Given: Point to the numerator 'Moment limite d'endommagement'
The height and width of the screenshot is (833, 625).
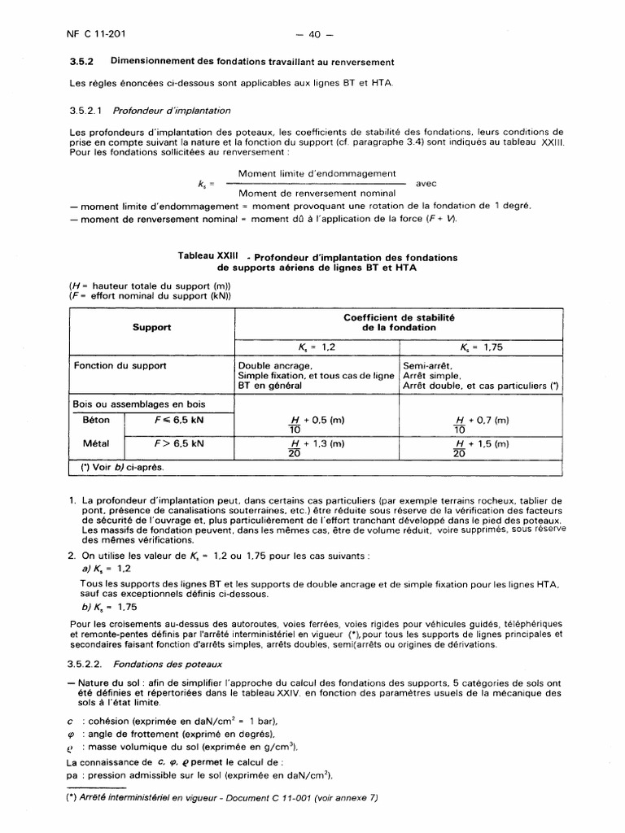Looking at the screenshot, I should (317, 173).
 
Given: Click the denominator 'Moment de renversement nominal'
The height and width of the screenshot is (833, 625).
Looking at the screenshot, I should (317, 193).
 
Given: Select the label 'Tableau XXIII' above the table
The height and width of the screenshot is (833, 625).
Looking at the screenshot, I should (207, 255).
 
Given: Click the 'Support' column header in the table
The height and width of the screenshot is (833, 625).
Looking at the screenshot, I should (151, 327).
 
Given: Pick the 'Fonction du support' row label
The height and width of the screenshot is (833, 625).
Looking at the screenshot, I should (120, 365).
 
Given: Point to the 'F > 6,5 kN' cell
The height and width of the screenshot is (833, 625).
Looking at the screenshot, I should (179, 444).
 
